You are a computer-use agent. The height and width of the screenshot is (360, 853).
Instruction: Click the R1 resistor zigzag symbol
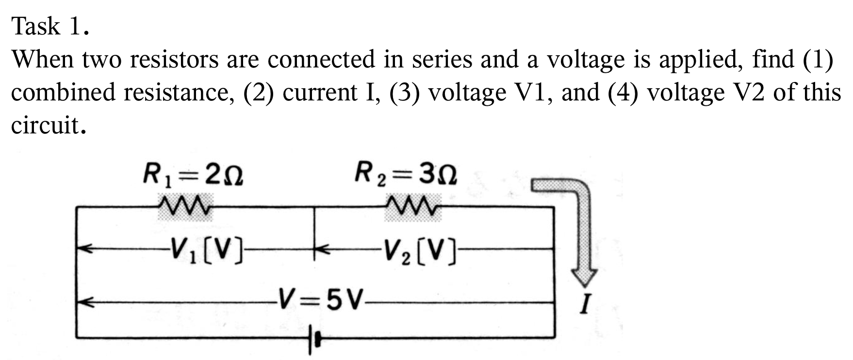(185, 206)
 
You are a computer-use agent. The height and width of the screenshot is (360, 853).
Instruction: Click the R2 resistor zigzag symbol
(412, 206)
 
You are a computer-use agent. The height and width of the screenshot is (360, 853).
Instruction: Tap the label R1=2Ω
(193, 175)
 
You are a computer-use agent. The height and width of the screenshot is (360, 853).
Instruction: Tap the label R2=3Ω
(405, 174)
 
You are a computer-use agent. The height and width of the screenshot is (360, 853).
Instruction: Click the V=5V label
(320, 300)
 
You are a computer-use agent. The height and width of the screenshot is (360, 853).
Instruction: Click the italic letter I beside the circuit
(586, 305)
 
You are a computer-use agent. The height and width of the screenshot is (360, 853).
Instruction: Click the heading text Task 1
(50, 26)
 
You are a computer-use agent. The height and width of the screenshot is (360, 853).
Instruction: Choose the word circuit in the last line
(45, 125)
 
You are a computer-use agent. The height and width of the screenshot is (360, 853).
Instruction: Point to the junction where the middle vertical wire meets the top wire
(314, 208)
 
